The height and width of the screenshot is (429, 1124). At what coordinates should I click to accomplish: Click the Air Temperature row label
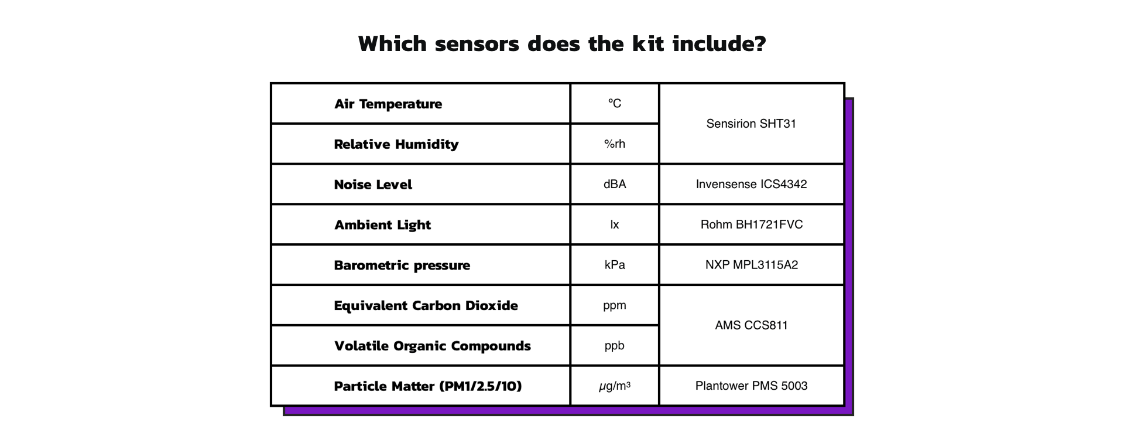coord(388,104)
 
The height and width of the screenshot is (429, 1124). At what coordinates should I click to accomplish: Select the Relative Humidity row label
coord(396,144)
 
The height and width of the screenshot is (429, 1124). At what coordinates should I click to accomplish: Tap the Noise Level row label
coord(373,185)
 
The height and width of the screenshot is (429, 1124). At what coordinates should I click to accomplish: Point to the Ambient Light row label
coord(382,225)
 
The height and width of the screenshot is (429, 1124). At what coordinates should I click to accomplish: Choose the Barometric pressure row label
coord(402,265)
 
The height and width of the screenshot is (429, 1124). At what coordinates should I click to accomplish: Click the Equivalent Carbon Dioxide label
coord(426,306)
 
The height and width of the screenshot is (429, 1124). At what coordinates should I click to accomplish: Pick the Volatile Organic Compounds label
coord(433,346)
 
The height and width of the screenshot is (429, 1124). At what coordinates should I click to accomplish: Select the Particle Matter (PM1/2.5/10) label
coord(428,386)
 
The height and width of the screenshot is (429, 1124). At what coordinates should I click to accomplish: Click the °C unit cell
coord(615,103)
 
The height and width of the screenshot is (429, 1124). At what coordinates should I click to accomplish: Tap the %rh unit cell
coord(615,144)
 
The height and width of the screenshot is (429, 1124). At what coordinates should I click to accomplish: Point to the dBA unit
coord(615,184)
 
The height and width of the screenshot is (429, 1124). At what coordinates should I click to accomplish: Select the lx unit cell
coord(615,224)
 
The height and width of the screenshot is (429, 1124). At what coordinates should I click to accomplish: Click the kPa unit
coord(615,265)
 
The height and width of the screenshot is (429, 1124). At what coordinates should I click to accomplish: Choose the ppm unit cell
coord(615,305)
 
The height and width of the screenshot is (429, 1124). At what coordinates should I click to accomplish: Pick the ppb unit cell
coord(615,346)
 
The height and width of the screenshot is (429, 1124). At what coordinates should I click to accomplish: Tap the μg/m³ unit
coord(615,386)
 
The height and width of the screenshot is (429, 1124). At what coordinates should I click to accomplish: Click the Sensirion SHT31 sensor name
coord(751,124)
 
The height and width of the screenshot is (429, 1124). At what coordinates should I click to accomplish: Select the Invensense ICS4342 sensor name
coord(751,184)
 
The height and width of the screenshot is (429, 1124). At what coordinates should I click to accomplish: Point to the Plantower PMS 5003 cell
coord(751,386)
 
